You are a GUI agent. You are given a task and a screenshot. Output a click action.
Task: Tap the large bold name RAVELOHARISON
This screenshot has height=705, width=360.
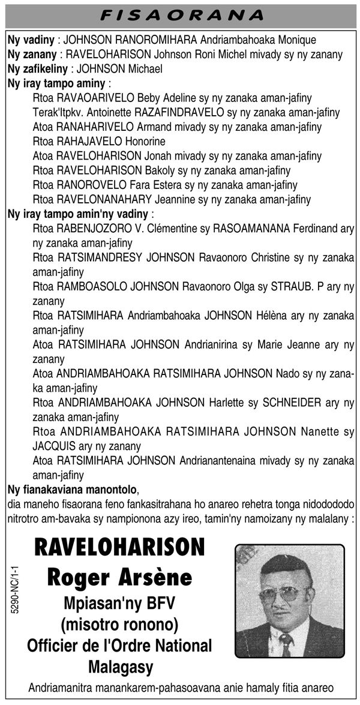(x=120, y=548)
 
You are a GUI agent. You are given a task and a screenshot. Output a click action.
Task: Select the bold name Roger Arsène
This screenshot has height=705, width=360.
(x=120, y=577)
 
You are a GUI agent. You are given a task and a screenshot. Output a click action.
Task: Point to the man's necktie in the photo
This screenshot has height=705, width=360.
(x=287, y=644)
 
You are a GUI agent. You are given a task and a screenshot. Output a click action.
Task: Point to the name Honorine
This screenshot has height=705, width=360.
(x=145, y=142)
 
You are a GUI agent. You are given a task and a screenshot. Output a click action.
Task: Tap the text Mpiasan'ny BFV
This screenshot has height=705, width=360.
(x=120, y=604)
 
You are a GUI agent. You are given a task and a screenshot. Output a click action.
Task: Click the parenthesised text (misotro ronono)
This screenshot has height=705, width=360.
(x=120, y=625)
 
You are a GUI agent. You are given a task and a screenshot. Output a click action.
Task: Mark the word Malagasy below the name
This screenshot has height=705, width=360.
(x=120, y=667)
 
